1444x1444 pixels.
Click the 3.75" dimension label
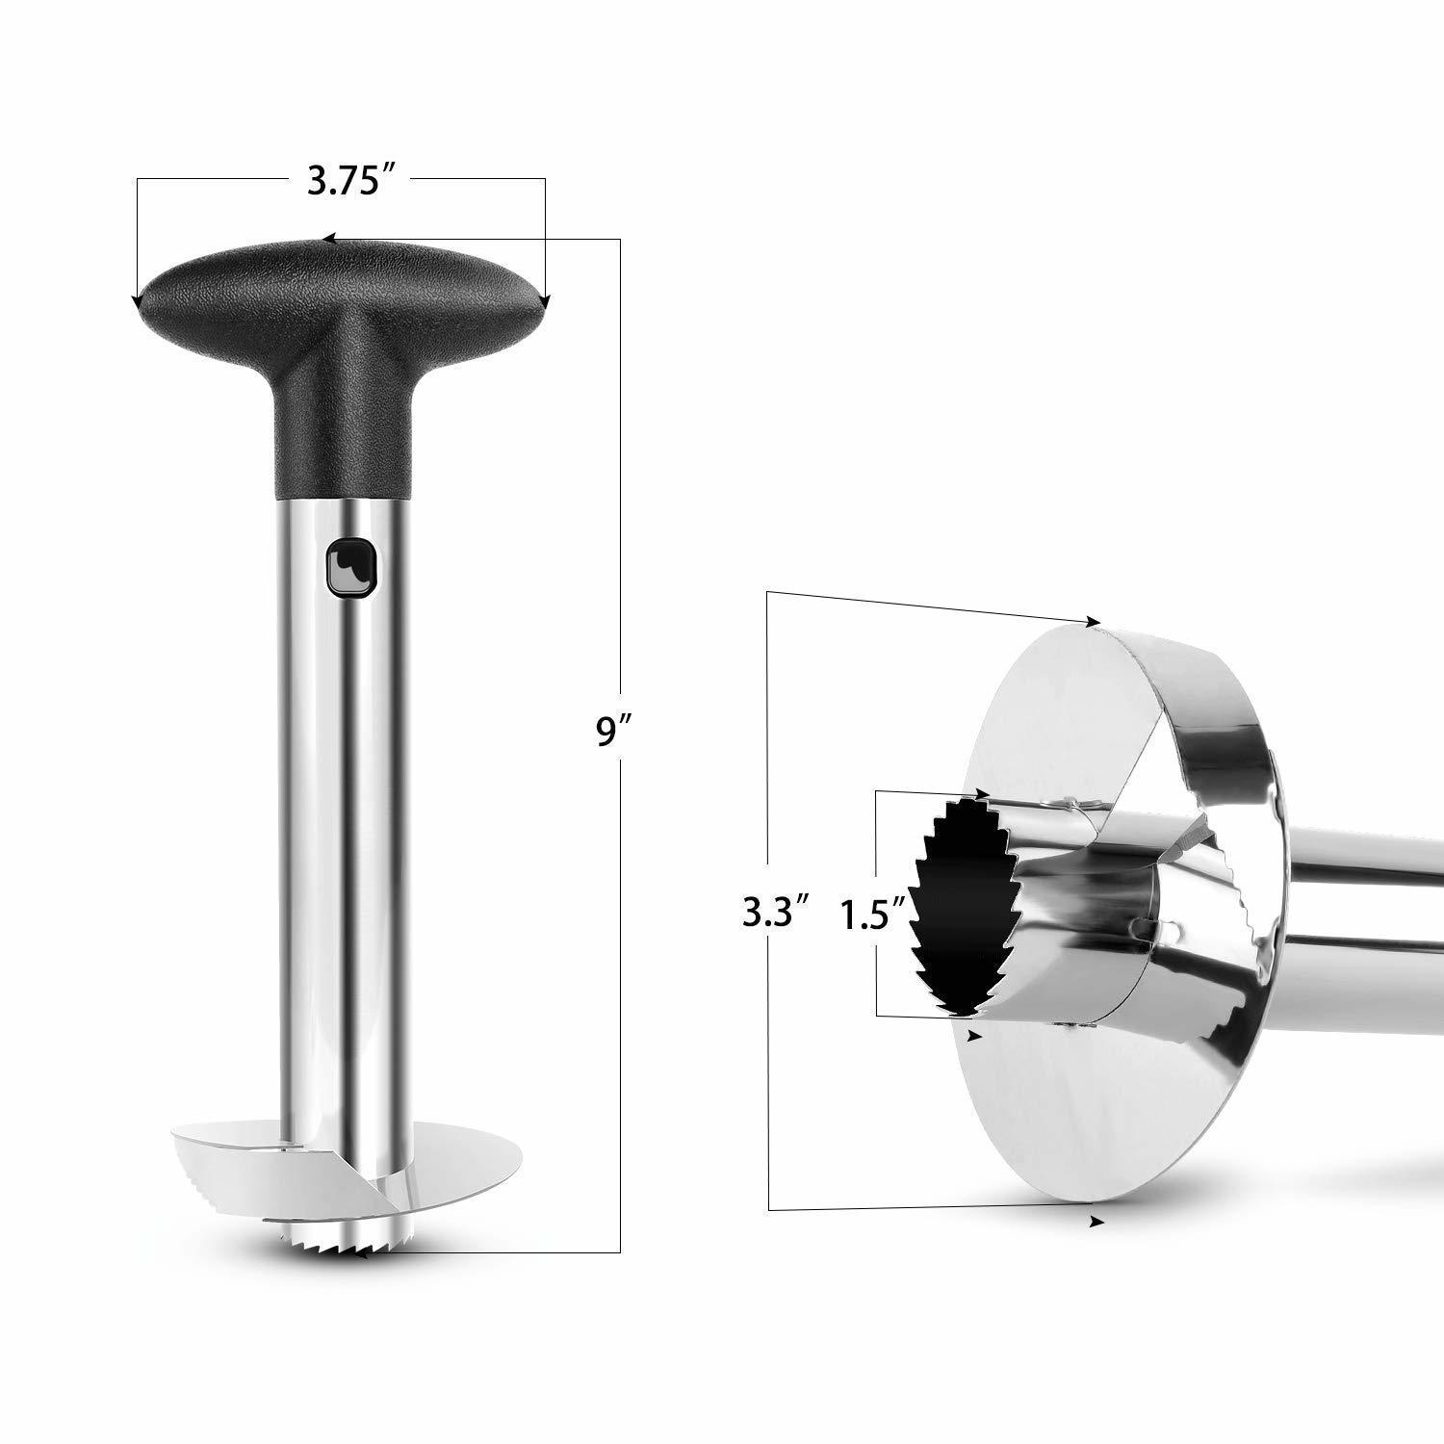341,182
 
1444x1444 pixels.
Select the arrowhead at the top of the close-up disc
1093,622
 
